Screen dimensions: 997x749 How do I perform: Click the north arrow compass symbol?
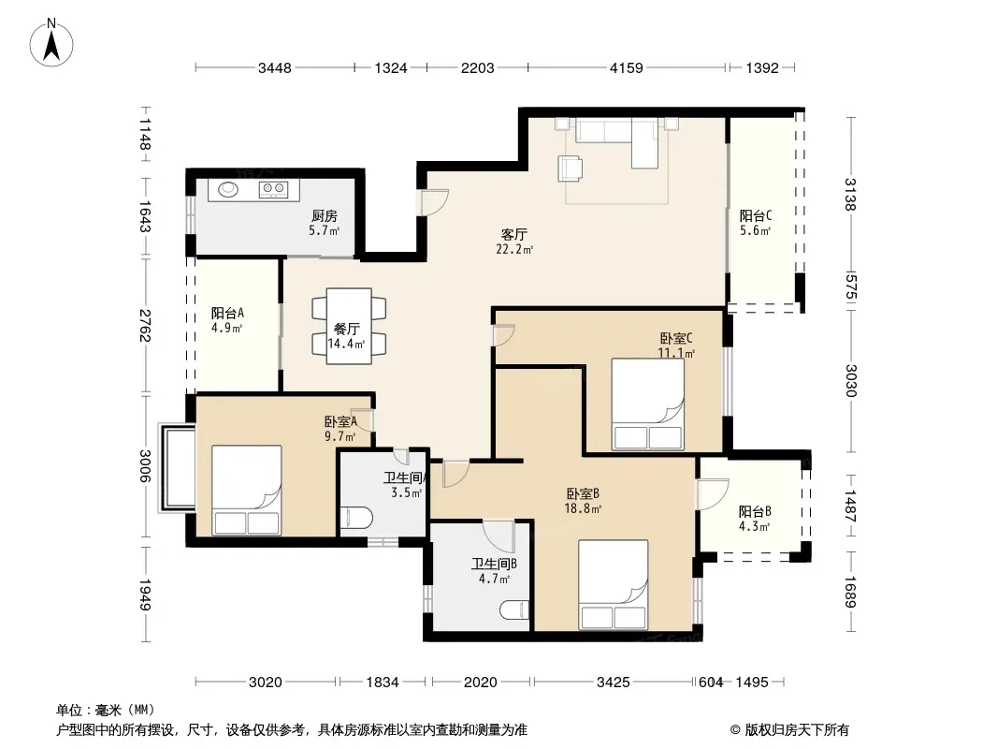[x=51, y=42]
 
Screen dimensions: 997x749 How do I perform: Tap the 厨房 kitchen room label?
[x=325, y=216]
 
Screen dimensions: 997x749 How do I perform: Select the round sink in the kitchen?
[x=227, y=189]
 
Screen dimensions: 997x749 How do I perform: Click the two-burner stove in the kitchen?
[x=273, y=188]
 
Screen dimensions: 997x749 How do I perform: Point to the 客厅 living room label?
[x=513, y=235]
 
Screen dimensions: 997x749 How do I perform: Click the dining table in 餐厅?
[x=349, y=327]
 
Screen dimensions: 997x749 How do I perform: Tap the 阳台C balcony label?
[x=756, y=215]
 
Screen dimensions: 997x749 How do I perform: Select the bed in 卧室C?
[x=648, y=404]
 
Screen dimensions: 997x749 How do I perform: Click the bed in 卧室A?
[x=246, y=490]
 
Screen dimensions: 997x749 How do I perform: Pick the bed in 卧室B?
[x=613, y=585]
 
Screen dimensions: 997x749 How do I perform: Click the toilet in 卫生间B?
[x=514, y=610]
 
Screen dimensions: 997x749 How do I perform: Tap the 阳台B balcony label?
[x=755, y=511]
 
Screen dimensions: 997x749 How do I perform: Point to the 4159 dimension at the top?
[x=627, y=68]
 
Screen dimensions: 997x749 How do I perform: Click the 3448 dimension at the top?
[x=275, y=68]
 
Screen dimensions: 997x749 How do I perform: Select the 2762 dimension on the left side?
[x=145, y=325]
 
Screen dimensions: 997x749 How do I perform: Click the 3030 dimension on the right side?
[x=851, y=380]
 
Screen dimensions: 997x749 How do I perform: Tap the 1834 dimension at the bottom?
[x=383, y=683]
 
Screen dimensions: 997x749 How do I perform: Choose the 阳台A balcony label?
[x=227, y=314]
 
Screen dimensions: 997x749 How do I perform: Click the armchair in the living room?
[x=571, y=169]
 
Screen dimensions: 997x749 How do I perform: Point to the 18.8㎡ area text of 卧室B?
[x=583, y=508]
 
